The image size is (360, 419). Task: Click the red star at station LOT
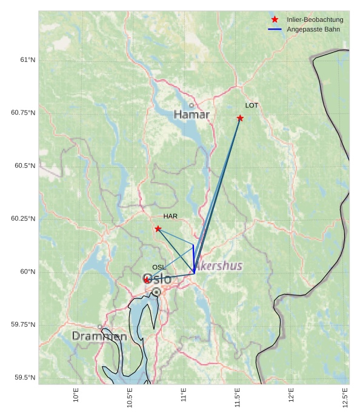click(x=240, y=118)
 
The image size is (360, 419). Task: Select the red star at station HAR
click(x=158, y=229)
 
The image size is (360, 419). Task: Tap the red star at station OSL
click(x=147, y=280)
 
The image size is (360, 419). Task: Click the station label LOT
click(x=252, y=106)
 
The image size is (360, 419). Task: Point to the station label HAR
click(x=170, y=216)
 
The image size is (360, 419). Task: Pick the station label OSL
click(x=159, y=267)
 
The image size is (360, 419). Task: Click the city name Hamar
click(x=192, y=115)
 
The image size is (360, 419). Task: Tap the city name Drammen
click(x=99, y=336)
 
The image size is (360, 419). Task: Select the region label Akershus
click(x=219, y=266)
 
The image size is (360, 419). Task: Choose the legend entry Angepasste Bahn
click(x=313, y=30)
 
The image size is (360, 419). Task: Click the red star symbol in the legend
click(x=275, y=20)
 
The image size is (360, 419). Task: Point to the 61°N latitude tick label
click(x=27, y=60)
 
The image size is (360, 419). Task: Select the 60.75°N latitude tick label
click(x=23, y=113)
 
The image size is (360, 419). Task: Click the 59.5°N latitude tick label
click(x=25, y=378)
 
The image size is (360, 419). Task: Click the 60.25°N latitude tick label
click(x=23, y=219)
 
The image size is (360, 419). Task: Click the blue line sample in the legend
click(x=275, y=30)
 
